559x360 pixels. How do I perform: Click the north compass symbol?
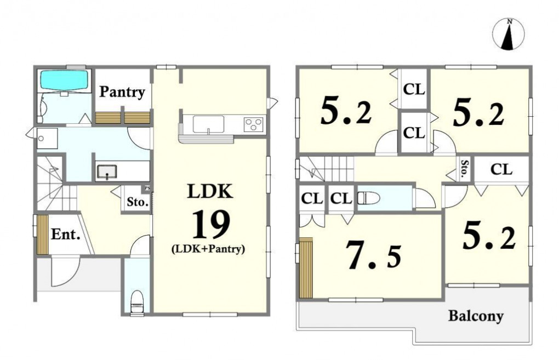pyautogui.click(x=509, y=35)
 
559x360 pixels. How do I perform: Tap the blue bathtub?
pyautogui.click(x=65, y=80)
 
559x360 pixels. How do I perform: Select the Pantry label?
pyautogui.click(x=122, y=92)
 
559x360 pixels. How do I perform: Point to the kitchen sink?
pyautogui.click(x=209, y=124)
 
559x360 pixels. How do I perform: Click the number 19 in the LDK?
pyautogui.click(x=211, y=225)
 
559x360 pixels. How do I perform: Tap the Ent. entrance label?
pyautogui.click(x=65, y=235)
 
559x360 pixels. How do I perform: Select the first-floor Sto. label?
pyautogui.click(x=138, y=202)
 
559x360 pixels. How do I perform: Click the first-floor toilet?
pyautogui.click(x=137, y=302)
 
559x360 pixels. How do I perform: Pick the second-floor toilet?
pyautogui.click(x=369, y=198)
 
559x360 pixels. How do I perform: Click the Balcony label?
pyautogui.click(x=476, y=316)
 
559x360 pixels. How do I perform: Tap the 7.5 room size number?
pyautogui.click(x=374, y=255)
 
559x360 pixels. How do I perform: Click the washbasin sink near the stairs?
pyautogui.click(x=107, y=172)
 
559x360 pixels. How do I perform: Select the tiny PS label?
pyautogui.click(x=147, y=188)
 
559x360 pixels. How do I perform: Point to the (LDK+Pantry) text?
pyautogui.click(x=208, y=249)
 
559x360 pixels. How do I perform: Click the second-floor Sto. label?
pyautogui.click(x=464, y=169)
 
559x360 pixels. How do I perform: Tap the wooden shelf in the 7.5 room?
pyautogui.click(x=306, y=268)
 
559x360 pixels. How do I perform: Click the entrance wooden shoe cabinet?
pyautogui.click(x=43, y=235)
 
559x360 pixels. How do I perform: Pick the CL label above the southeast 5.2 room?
pyautogui.click(x=501, y=169)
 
